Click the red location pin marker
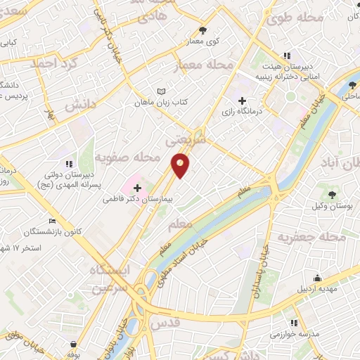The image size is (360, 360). (x=180, y=165)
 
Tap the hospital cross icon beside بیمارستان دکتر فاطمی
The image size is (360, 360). (x=136, y=188)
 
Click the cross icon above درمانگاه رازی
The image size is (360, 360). (x=243, y=101)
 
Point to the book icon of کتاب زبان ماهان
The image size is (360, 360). (x=162, y=91)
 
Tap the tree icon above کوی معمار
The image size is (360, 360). (x=204, y=30)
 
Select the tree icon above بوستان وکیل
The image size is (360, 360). (x=332, y=194)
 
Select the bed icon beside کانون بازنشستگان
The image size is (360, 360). (x=51, y=221)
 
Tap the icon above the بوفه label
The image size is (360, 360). (x=74, y=345)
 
